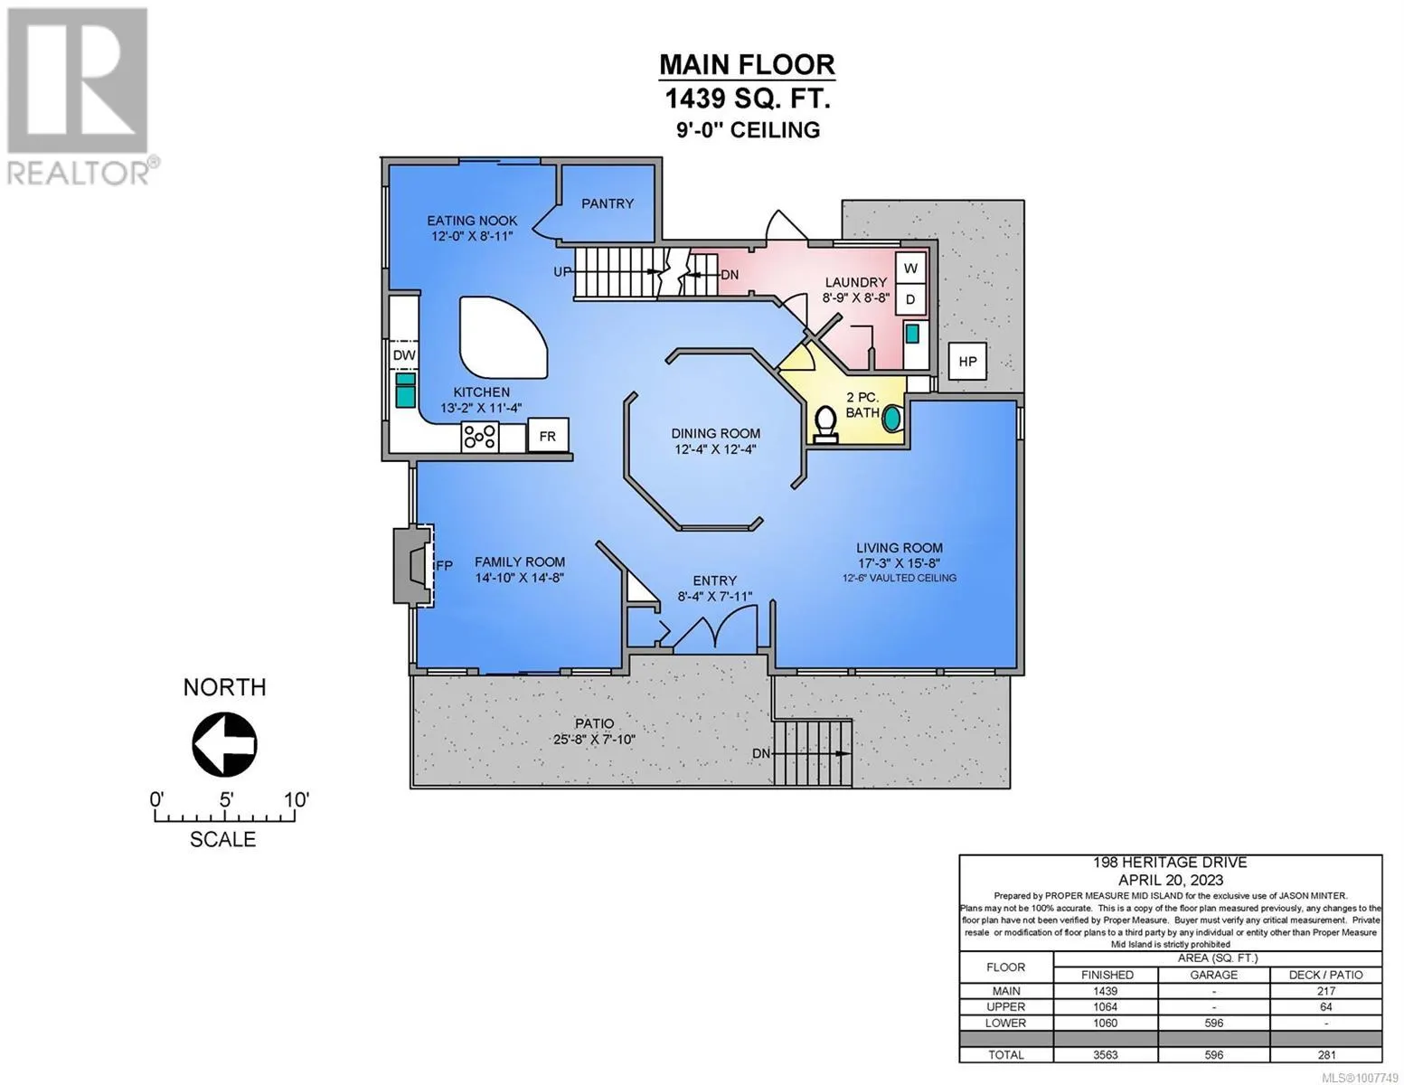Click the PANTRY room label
pos(608,203)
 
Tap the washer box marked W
pos(910,268)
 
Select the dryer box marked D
pos(910,299)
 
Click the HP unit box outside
pos(967,362)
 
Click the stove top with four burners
pos(480,436)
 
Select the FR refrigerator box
pos(548,436)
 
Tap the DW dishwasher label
pos(404,354)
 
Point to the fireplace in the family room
pos(413,566)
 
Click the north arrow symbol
pos(224,744)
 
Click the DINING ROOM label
pos(715,434)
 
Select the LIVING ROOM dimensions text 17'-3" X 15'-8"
pos(900,563)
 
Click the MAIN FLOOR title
pos(747,64)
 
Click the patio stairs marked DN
pos(813,753)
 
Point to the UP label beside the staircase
pos(562,272)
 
